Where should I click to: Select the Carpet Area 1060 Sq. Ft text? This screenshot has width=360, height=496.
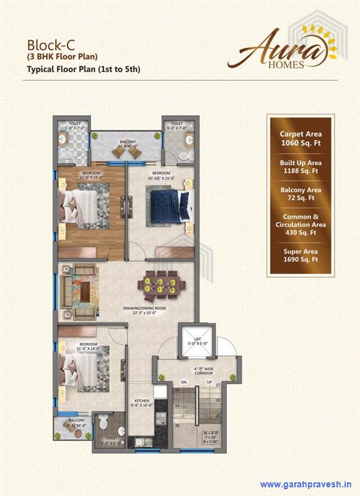click(x=300, y=138)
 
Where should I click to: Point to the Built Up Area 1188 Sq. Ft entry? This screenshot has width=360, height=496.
click(x=300, y=166)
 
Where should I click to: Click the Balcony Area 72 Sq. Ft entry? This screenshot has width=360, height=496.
click(x=300, y=193)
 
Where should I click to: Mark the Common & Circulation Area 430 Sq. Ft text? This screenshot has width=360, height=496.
click(x=300, y=224)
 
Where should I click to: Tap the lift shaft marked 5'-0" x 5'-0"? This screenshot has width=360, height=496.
click(x=196, y=343)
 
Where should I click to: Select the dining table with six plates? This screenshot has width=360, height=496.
click(x=161, y=284)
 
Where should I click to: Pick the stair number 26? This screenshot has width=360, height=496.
click(x=178, y=425)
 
